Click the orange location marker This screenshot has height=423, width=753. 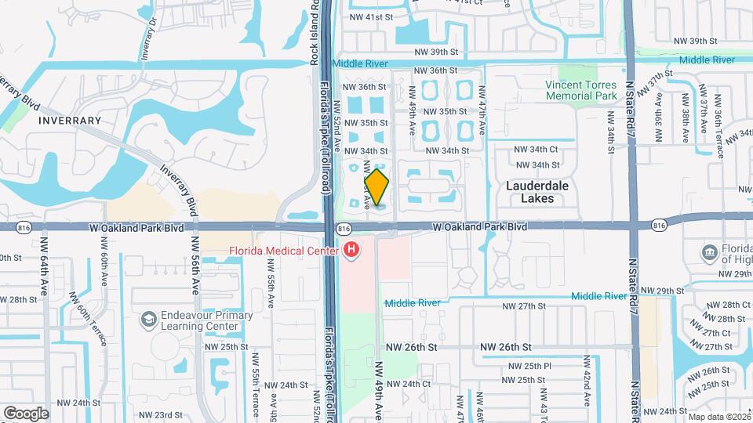pos(376,187)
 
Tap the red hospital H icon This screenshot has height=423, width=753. pos(352,251)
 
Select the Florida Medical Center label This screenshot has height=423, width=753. pos(283,251)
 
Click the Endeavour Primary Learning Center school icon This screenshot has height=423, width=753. pos(148,319)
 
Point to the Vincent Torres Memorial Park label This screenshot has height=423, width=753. pos(581,90)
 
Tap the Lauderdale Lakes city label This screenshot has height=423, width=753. pos(541,192)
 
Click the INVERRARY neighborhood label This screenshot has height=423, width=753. pos(70,121)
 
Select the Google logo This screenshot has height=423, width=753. pos(26,413)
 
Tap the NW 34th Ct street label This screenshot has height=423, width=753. pos(536,149)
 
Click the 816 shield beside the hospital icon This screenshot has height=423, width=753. pos(343,227)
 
